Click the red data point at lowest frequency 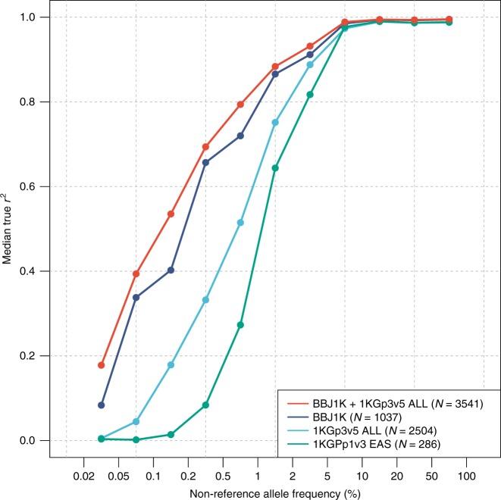pyautogui.click(x=101, y=365)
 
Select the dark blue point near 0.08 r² pyautogui.click(x=101, y=405)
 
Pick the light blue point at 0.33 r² pyautogui.click(x=205, y=300)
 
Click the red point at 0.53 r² pyautogui.click(x=171, y=214)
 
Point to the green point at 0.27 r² pyautogui.click(x=240, y=325)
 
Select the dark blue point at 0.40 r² pyautogui.click(x=171, y=270)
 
